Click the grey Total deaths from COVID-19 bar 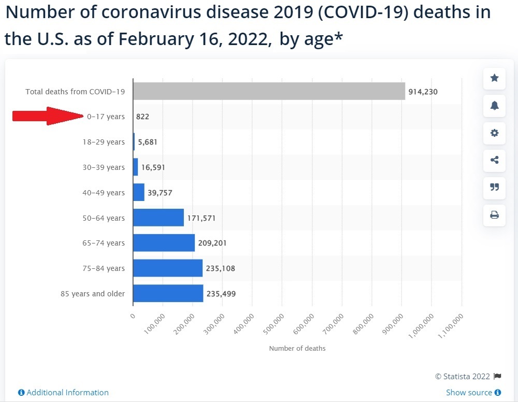[269, 91]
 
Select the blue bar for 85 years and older [168, 294]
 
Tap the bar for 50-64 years [159, 218]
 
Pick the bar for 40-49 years [139, 192]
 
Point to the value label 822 [142, 117]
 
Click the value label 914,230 [423, 92]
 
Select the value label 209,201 [212, 243]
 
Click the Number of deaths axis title [297, 349]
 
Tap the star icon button [494, 78]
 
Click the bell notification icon [494, 106]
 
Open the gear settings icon [494, 133]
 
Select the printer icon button [494, 214]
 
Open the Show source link [469, 393]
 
